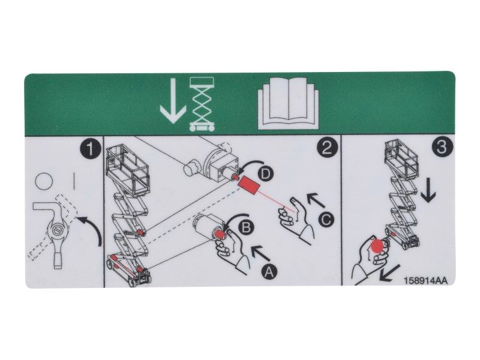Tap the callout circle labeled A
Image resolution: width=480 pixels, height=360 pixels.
(268, 271)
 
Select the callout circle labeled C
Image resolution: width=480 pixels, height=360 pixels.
(325, 220)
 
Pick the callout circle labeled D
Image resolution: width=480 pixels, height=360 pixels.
(267, 174)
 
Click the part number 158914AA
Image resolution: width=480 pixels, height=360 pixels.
(425, 280)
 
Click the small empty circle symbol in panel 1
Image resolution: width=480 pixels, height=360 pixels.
(43, 180)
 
